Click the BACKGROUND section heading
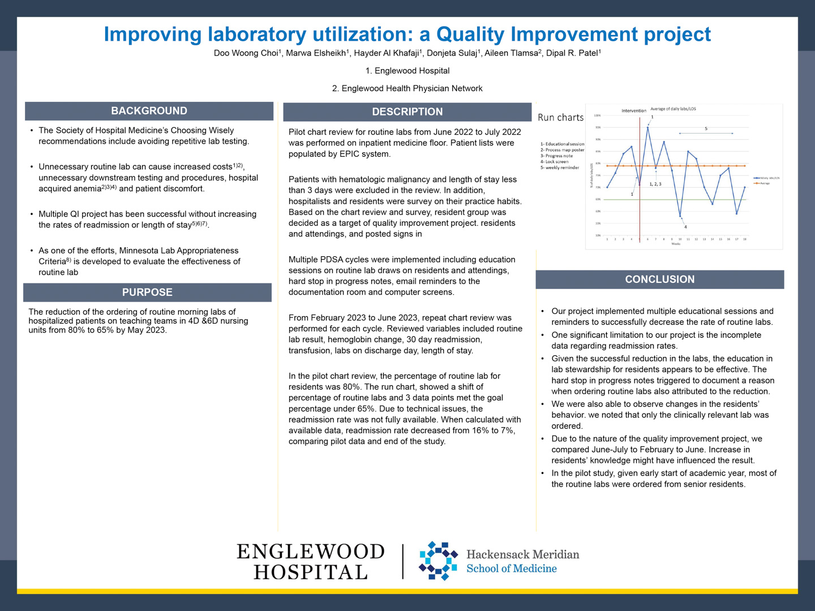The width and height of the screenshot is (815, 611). (x=149, y=111)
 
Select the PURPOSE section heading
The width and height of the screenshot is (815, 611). (x=147, y=292)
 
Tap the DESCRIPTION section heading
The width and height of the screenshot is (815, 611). (x=407, y=112)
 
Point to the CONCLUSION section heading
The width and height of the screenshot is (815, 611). (x=659, y=279)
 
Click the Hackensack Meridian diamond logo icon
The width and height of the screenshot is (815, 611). (x=437, y=561)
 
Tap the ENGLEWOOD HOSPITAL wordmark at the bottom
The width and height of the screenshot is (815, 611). (x=310, y=561)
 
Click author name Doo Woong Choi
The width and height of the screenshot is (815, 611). (x=246, y=53)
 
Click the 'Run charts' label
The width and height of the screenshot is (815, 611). (x=560, y=118)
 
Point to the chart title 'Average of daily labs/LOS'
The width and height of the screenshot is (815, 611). (x=673, y=109)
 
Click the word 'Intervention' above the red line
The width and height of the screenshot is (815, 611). (x=634, y=111)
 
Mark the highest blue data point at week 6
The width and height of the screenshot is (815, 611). (x=647, y=127)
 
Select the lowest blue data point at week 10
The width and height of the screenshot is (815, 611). (x=680, y=216)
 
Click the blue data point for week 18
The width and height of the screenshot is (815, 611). (x=745, y=187)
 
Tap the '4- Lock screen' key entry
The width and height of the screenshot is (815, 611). (x=554, y=162)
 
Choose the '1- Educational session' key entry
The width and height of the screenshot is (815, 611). (x=562, y=144)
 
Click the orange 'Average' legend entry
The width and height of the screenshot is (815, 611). (x=765, y=183)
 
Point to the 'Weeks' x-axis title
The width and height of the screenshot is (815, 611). (x=676, y=244)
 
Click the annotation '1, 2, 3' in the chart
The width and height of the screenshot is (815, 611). (x=655, y=184)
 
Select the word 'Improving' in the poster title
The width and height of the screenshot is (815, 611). (x=152, y=35)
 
